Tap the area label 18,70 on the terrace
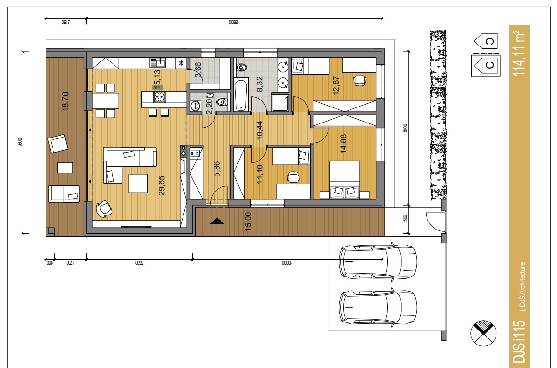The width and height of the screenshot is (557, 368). pyautogui.click(x=66, y=100)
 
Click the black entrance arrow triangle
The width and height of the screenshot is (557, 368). pyautogui.click(x=217, y=222)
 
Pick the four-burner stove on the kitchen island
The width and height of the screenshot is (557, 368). pyautogui.click(x=160, y=97)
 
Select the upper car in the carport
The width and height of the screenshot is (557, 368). pyautogui.click(x=378, y=261)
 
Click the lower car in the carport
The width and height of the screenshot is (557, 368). pyautogui.click(x=378, y=308)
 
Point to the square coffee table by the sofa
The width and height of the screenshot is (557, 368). pyautogui.click(x=138, y=184)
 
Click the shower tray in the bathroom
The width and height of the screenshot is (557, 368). pyautogui.click(x=281, y=103)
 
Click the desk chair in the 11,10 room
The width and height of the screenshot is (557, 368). pyautogui.click(x=294, y=177)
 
